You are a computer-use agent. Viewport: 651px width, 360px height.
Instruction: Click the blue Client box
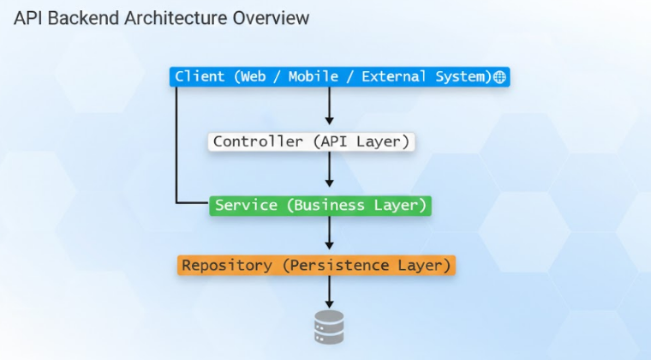[339, 77]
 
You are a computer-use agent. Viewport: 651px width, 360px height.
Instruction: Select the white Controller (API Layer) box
[311, 141]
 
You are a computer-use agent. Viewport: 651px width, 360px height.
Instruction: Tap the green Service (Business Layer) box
[320, 206]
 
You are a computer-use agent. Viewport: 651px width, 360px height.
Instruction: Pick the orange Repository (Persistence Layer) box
[315, 266]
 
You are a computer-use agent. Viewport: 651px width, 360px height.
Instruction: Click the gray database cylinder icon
[329, 327]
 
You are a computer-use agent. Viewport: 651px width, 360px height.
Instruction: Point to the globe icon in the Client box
[500, 77]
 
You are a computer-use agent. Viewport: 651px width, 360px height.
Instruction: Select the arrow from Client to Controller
[329, 106]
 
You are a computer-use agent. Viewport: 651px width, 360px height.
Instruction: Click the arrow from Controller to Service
[329, 170]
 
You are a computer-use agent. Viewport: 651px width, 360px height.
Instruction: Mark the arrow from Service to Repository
[329, 233]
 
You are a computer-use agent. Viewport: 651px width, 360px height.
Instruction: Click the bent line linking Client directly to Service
[176, 146]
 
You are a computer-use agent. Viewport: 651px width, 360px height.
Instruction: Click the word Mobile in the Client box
[314, 77]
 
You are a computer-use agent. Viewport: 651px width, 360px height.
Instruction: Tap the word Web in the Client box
[254, 77]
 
